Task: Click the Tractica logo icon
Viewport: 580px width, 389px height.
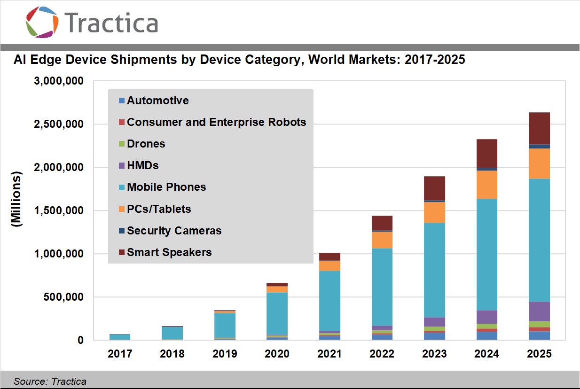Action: pyautogui.click(x=42, y=22)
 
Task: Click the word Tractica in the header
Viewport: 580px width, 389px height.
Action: pyautogui.click(x=111, y=22)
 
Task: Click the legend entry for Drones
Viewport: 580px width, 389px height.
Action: pyautogui.click(x=146, y=144)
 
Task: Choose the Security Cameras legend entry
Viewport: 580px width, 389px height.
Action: pyautogui.click(x=174, y=231)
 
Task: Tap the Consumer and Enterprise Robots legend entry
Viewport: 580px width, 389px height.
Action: pyautogui.click(x=216, y=122)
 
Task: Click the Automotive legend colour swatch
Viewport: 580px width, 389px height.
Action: pyautogui.click(x=121, y=101)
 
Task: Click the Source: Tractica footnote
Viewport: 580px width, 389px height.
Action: pyautogui.click(x=50, y=381)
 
